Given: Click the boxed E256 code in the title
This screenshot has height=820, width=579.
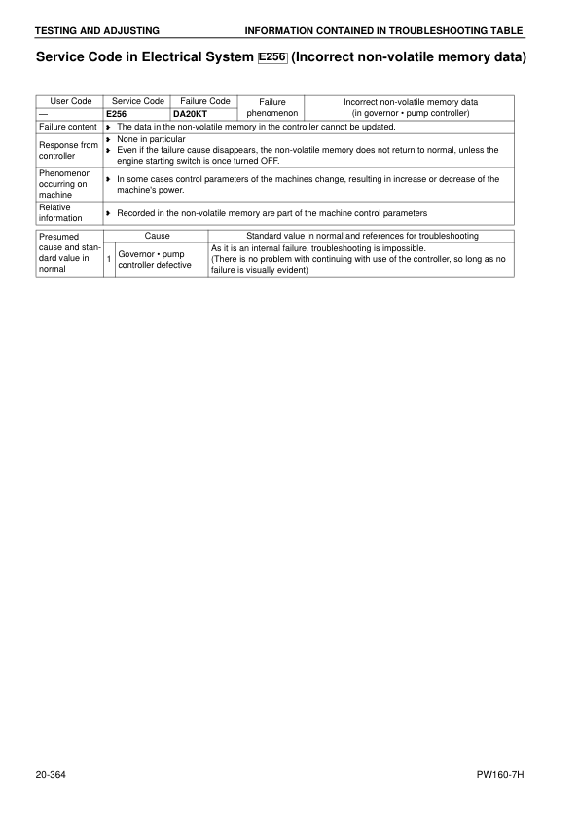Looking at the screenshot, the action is pos(273,57).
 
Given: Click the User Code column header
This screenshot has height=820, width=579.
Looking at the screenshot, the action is pos(69,101).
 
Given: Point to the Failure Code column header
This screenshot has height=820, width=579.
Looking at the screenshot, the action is pos(205,101).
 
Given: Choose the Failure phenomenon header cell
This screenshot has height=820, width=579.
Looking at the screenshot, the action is pos(272,107).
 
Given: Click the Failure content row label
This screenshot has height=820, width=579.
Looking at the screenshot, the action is pos(68,127).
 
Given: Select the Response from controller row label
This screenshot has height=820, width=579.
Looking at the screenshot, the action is pos(68,149).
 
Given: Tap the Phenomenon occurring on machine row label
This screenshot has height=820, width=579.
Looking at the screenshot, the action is pos(68,184).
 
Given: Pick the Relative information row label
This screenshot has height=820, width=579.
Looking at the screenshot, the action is pos(68,212).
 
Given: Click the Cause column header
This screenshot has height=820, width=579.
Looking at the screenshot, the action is pos(157,236).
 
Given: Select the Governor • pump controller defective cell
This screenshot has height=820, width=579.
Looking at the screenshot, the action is pos(161,259).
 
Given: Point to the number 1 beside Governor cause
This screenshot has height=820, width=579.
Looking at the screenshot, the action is pos(109,259).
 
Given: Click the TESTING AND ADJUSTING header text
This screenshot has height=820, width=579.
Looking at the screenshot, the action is pos(97,31).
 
